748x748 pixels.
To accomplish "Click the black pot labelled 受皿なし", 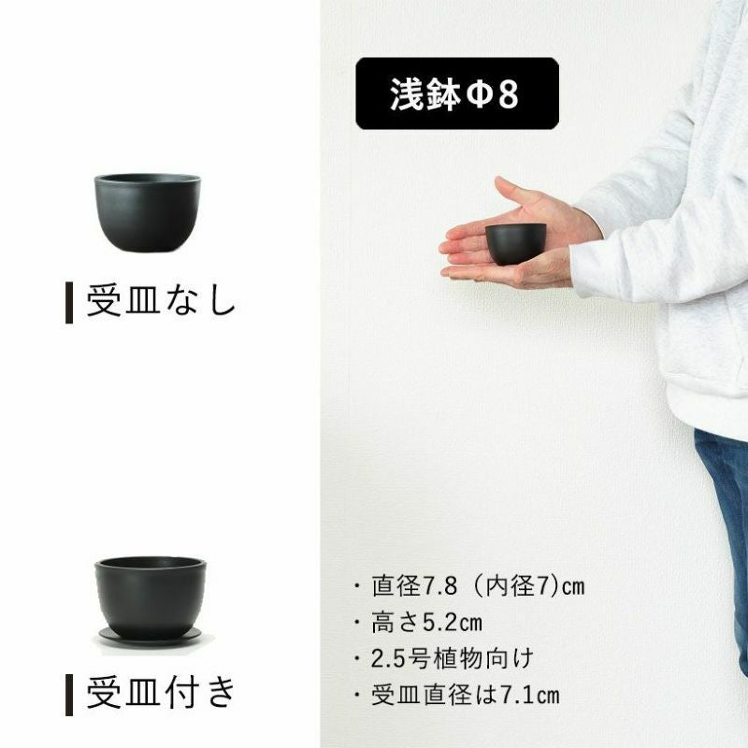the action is pyautogui.click(x=147, y=213).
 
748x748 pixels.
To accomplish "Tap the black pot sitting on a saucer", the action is pyautogui.click(x=151, y=597).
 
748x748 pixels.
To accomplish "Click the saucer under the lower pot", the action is pyautogui.click(x=151, y=637).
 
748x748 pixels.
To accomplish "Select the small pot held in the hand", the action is pyautogui.click(x=516, y=244).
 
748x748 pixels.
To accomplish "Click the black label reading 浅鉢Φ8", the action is pyautogui.click(x=457, y=93).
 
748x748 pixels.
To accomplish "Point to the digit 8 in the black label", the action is pyautogui.click(x=508, y=94).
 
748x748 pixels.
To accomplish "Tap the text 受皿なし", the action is pyautogui.click(x=161, y=301).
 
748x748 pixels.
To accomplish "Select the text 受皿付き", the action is pyautogui.click(x=161, y=693).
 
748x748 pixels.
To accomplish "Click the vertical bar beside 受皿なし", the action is pyautogui.click(x=69, y=302).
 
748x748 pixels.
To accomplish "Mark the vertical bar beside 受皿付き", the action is pyautogui.click(x=69, y=695).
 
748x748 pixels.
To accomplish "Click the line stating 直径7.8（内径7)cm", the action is pyautogui.click(x=478, y=586).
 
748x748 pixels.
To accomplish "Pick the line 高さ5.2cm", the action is pyautogui.click(x=427, y=623).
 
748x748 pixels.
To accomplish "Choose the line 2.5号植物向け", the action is pyautogui.click(x=453, y=659).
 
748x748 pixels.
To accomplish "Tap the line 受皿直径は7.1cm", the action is pyautogui.click(x=465, y=695).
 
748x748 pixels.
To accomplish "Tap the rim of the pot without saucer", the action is pyautogui.click(x=148, y=179).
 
